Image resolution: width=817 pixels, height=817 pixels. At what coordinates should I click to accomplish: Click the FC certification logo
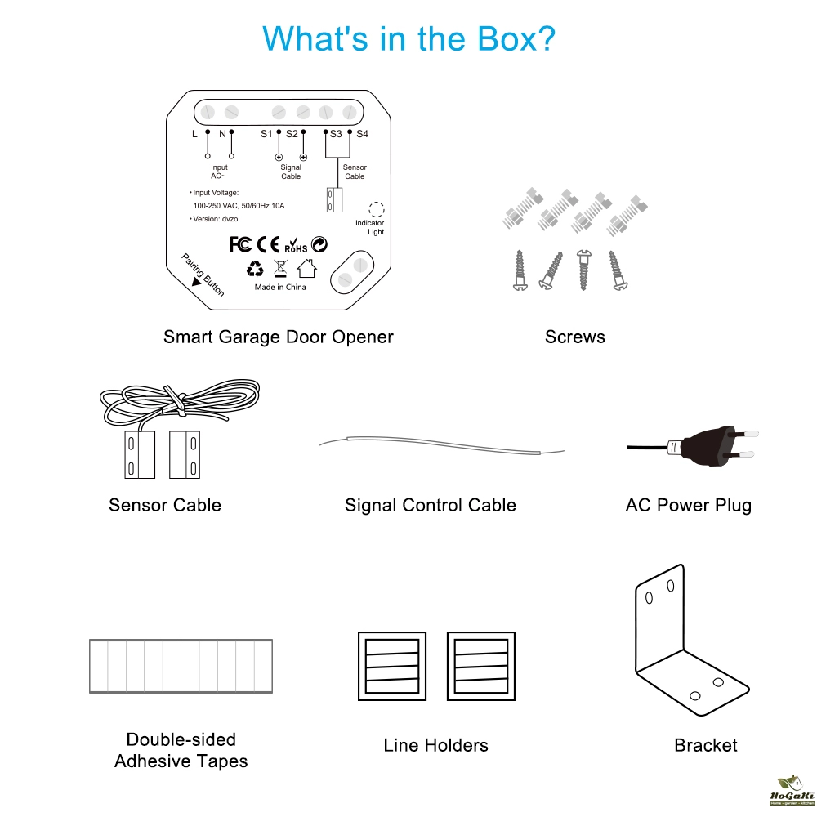pos(240,243)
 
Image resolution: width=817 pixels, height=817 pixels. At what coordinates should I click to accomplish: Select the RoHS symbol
pos(295,245)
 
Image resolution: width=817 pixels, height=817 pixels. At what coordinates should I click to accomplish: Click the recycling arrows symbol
pos(255,268)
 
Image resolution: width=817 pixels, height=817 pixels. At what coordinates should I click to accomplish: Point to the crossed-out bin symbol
pos(280,268)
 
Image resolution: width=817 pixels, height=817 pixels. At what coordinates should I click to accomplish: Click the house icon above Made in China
pos(306,268)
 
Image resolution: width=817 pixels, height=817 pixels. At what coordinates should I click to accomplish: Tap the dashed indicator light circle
pos(376,208)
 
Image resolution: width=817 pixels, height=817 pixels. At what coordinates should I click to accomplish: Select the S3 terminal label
pos(336,133)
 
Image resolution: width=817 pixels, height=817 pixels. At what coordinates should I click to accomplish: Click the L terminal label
pos(194,133)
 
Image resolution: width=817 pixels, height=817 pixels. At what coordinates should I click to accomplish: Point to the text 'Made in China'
pos(280,288)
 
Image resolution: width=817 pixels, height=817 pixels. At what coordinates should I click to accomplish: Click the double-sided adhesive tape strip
pos(180,667)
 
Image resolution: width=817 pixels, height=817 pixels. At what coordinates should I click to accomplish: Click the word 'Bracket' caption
pos(706,745)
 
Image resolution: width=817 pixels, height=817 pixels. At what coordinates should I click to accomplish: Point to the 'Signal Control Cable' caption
pos(431,505)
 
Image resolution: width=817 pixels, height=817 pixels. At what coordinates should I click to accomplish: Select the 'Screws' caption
pos(575,337)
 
